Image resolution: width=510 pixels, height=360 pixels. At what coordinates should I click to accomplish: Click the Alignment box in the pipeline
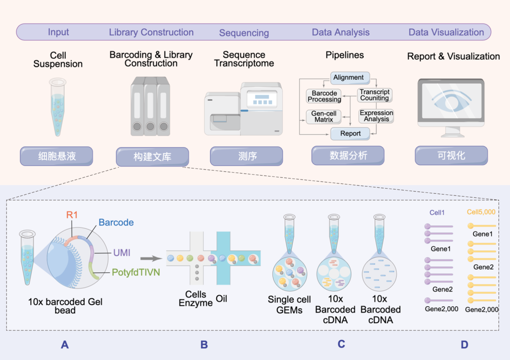click(348, 77)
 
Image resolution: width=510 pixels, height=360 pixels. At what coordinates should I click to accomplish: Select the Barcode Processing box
click(324, 96)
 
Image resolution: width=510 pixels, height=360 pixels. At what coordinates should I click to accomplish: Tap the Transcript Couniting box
click(374, 95)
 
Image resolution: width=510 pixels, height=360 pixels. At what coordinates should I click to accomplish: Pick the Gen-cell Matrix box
click(323, 117)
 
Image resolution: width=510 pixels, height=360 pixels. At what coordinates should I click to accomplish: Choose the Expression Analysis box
click(376, 116)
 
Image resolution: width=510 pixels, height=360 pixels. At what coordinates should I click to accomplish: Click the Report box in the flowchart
click(350, 134)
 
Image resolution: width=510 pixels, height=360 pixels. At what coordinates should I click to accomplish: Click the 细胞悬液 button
click(57, 156)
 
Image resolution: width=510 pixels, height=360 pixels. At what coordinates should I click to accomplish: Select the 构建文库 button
click(152, 157)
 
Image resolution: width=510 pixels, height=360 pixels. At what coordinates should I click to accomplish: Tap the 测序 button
click(246, 156)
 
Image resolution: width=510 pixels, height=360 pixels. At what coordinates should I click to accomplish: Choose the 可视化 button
click(451, 156)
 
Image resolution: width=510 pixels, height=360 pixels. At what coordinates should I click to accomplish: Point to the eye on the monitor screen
click(451, 101)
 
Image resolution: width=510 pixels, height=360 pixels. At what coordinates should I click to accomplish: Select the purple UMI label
click(122, 253)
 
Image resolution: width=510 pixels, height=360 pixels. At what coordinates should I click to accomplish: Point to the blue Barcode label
click(116, 222)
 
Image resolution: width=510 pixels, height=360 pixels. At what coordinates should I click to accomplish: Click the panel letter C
click(341, 344)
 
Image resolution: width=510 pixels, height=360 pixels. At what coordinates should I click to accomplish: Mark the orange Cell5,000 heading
click(481, 212)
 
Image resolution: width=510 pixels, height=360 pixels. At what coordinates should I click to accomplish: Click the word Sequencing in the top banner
click(244, 33)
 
